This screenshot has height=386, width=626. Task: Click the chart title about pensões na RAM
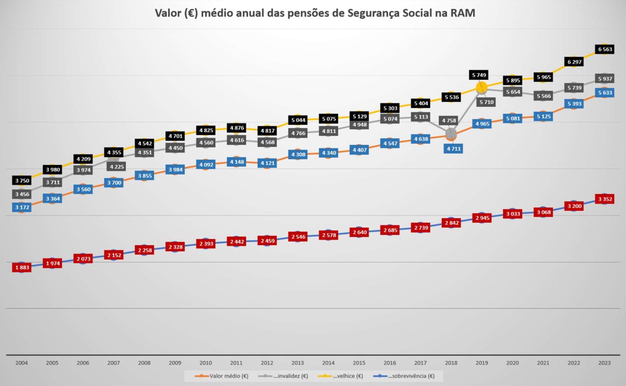point(315,13)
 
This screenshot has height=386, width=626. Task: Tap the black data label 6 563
point(605,49)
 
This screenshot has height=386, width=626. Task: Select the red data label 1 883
point(21,267)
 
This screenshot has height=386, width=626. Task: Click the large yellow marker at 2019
point(481,87)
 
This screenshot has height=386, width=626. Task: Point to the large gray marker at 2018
point(451,134)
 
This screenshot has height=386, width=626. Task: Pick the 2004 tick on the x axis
point(21,362)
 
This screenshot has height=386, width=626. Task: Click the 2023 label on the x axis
point(605,362)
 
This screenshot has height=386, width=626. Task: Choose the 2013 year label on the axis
point(298,362)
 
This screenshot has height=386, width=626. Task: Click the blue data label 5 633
point(605,93)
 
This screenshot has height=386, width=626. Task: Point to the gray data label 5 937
point(605,78)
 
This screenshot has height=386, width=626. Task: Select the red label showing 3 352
point(605,199)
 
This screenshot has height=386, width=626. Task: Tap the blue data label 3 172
point(21,208)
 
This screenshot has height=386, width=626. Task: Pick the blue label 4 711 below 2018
point(451,149)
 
